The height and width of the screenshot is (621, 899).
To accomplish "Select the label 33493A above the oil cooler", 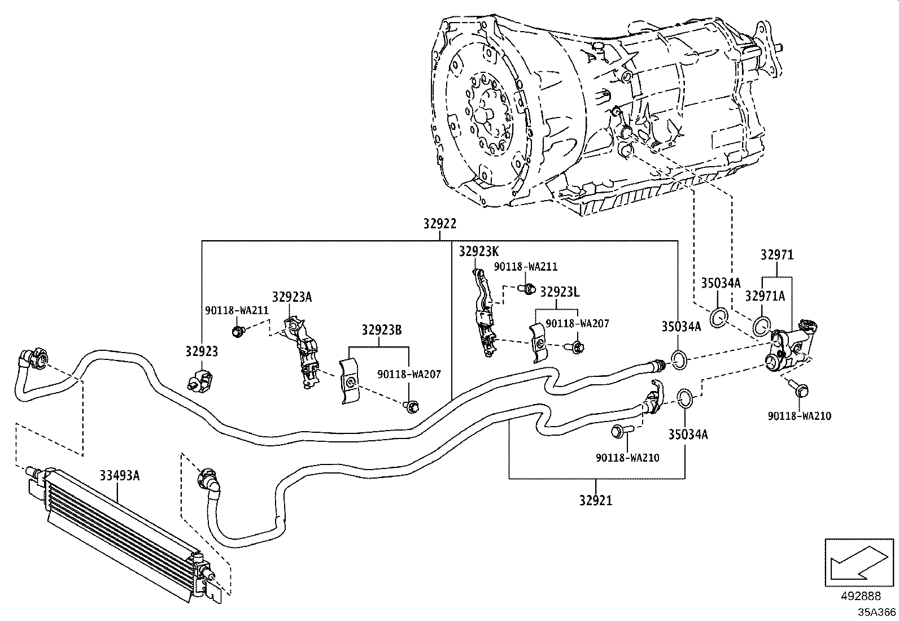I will click(120, 475).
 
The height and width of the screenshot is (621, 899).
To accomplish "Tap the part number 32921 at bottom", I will click(596, 500).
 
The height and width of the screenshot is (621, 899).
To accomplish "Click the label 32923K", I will click(479, 251).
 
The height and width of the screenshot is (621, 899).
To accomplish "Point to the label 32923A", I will click(291, 297).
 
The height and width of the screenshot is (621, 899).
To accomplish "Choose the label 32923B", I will click(382, 330).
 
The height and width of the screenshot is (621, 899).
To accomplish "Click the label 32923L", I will click(559, 292).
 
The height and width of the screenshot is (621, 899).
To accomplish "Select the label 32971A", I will click(765, 296).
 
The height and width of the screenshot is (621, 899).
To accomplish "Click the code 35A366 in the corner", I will click(877, 612).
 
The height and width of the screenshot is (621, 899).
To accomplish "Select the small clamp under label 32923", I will click(199, 380).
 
